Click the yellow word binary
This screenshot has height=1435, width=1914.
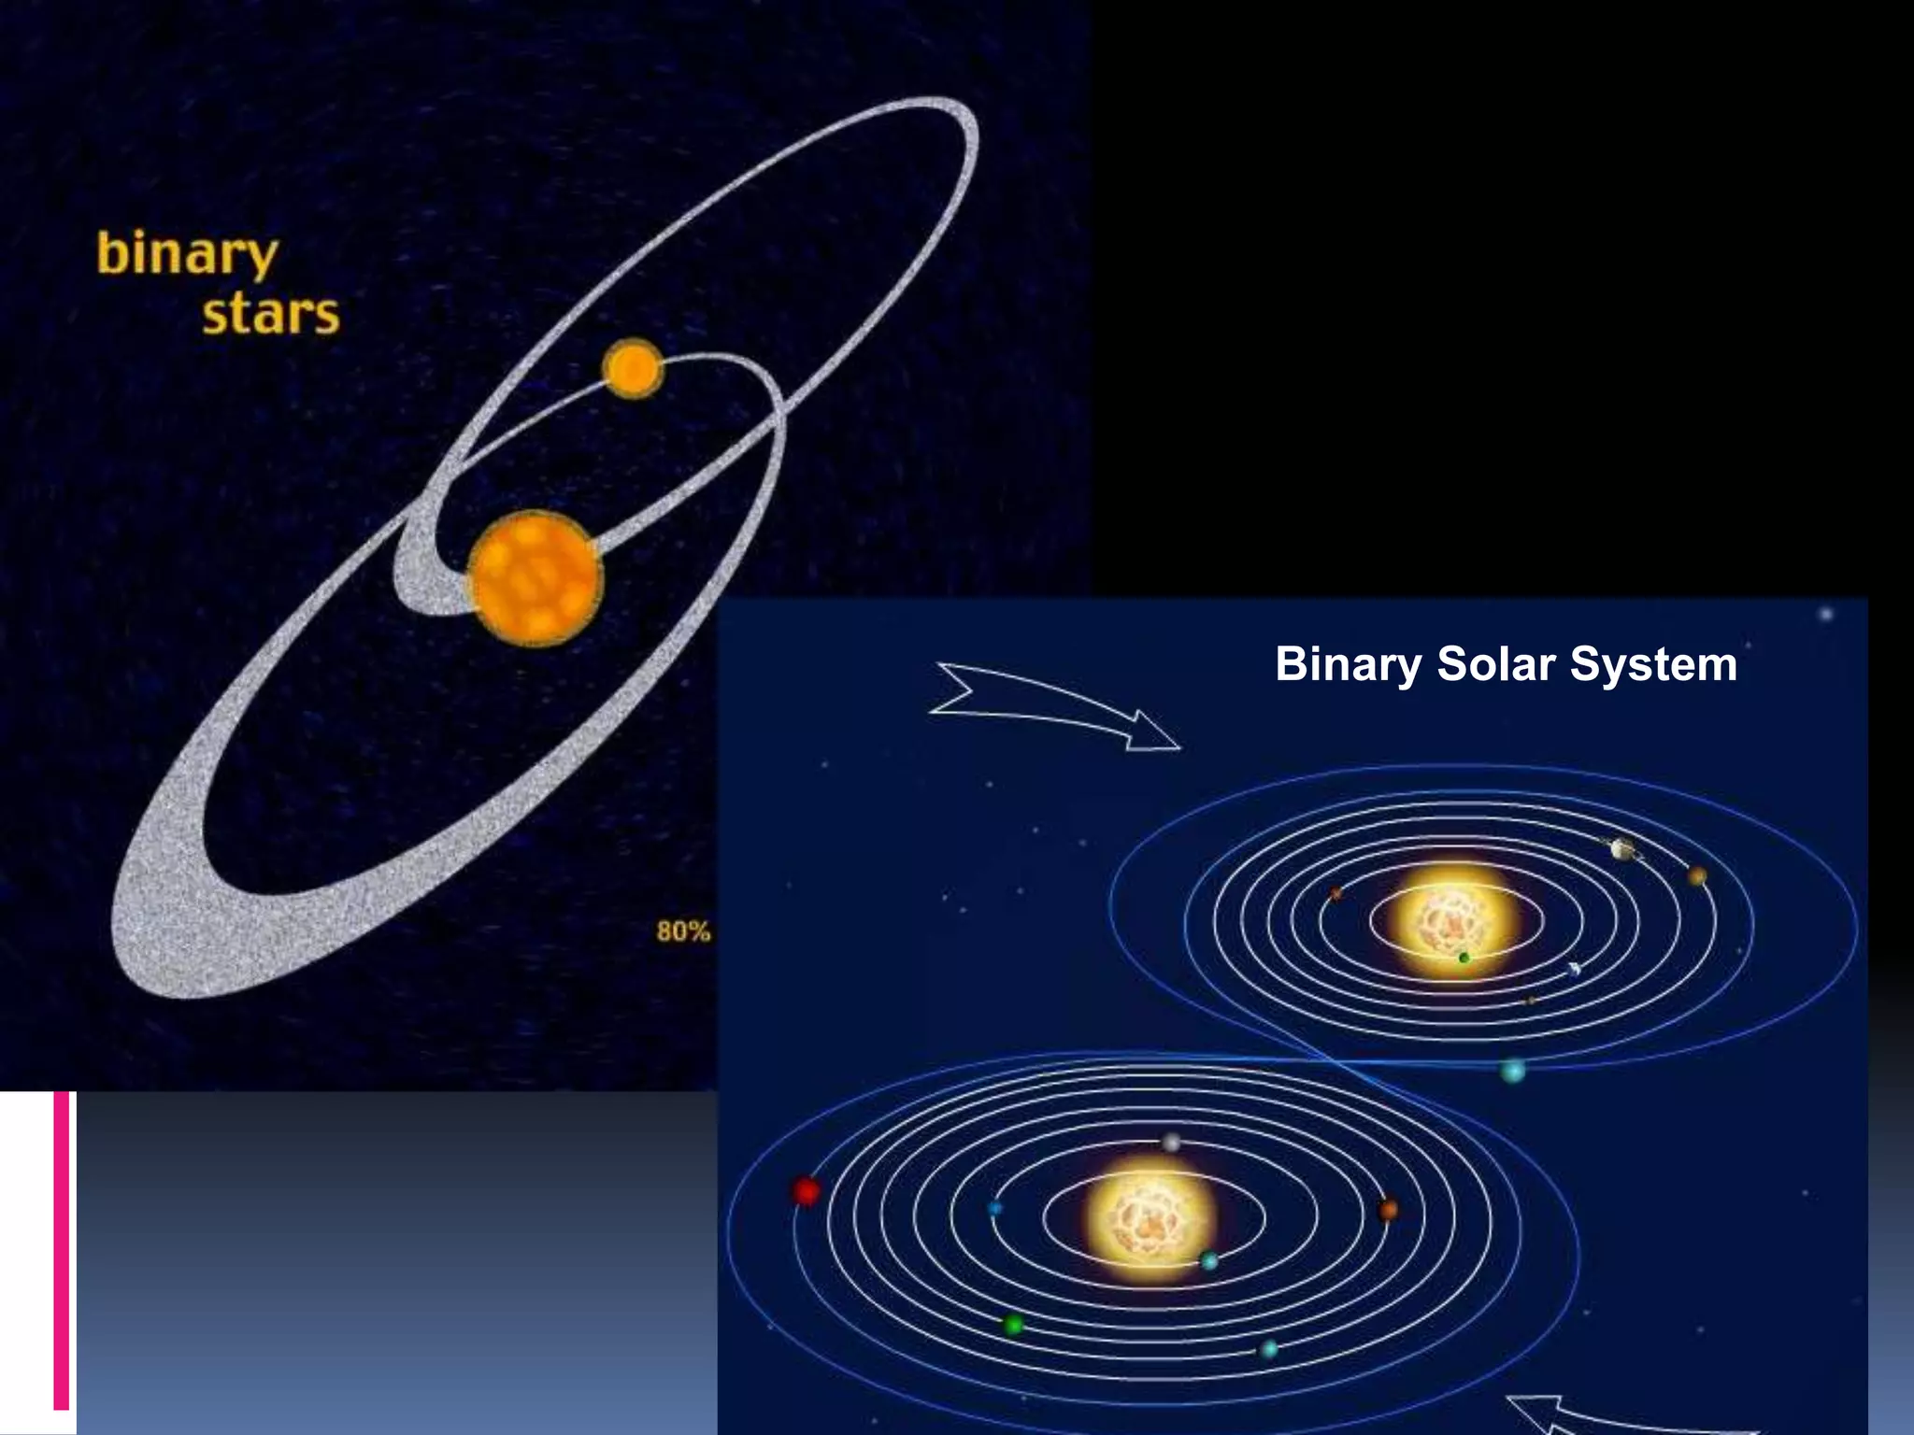tap(187, 254)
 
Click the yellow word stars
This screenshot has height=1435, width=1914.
tap(271, 314)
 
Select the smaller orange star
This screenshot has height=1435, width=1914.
tap(633, 369)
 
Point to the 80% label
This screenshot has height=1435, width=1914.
tap(683, 931)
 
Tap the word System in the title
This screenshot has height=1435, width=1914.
tap(1653, 665)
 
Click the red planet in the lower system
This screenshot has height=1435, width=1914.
tap(806, 1191)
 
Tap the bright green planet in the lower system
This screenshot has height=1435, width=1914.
tap(1013, 1324)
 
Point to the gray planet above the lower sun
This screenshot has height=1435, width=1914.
tap(1171, 1143)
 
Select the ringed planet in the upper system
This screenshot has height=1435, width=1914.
tap(1623, 848)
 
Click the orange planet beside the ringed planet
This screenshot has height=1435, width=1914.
tap(1697, 876)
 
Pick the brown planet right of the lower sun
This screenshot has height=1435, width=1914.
tap(1388, 1211)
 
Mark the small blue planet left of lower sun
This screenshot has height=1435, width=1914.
tap(994, 1208)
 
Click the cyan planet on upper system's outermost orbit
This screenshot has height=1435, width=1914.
tap(1512, 1071)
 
